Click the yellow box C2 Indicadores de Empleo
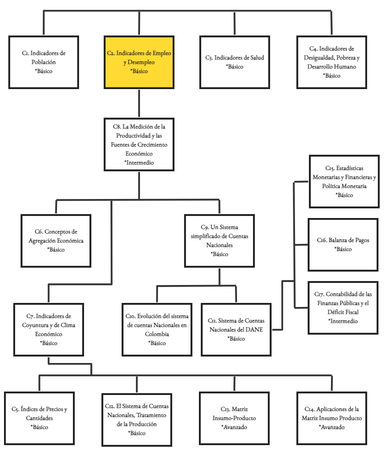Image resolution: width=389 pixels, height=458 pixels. (139, 61)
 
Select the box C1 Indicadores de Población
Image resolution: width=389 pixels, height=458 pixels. (43, 61)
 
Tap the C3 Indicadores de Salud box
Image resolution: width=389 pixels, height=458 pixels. (234, 61)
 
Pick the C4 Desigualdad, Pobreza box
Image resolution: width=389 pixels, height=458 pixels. (331, 61)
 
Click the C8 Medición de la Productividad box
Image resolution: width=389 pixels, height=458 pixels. (139, 144)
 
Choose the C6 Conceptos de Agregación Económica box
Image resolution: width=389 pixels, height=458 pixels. (56, 240)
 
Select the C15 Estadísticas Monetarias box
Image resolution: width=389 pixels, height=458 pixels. (344, 181)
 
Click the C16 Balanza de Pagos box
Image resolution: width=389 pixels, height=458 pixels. (343, 244)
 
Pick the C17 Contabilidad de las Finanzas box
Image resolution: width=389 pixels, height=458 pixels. (343, 307)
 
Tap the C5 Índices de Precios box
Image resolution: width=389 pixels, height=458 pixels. (39, 418)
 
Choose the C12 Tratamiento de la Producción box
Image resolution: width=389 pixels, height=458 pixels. (136, 418)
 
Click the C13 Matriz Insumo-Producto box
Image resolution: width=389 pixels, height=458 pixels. (234, 418)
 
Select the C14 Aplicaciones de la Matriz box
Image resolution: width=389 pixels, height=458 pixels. (331, 418)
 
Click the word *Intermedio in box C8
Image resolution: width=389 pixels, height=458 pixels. (138, 162)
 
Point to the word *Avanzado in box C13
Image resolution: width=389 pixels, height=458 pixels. (234, 427)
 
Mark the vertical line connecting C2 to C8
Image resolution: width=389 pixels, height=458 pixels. (139, 102)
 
